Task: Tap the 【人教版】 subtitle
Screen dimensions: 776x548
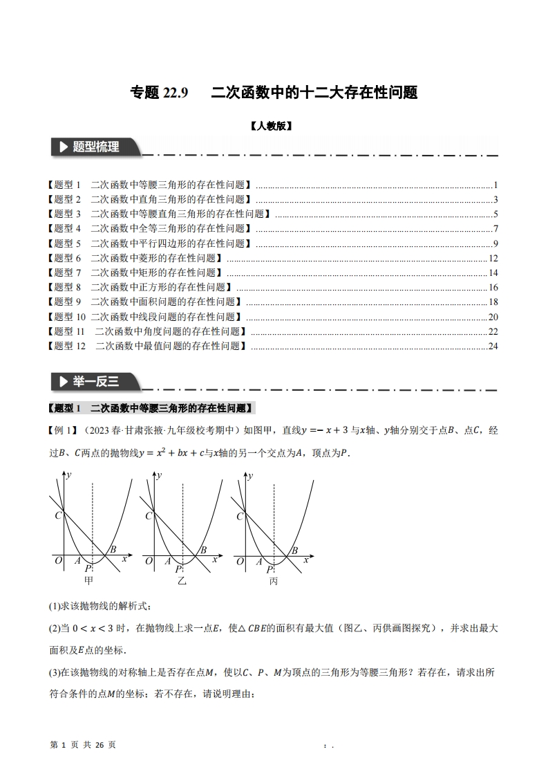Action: [x=274, y=127]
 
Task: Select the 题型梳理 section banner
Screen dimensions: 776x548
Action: [x=95, y=147]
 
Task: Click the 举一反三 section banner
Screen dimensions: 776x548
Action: [x=95, y=380]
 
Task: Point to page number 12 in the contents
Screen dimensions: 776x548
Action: [x=493, y=258]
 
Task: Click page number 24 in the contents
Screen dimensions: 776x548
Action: [x=493, y=346]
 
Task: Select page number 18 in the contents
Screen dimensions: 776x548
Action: [x=493, y=302]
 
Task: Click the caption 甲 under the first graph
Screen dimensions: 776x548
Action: [x=88, y=580]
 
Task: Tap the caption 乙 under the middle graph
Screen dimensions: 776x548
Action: [x=182, y=581]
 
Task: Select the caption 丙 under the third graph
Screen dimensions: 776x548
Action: [x=274, y=581]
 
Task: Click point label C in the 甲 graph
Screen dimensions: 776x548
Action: [x=57, y=515]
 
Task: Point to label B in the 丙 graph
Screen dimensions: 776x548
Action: [x=294, y=551]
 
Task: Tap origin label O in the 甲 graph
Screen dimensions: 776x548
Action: [x=58, y=561]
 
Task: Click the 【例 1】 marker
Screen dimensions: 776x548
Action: [x=64, y=430]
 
